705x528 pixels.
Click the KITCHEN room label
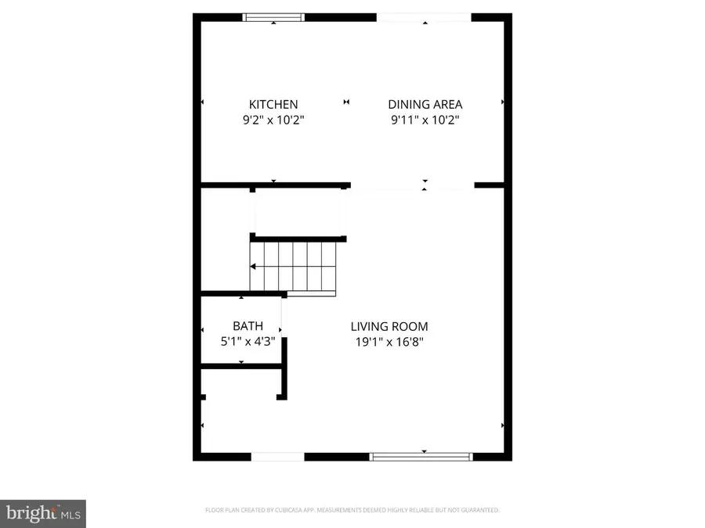[x=273, y=104]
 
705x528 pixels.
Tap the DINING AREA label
[x=425, y=104]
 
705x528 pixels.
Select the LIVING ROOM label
[x=389, y=326]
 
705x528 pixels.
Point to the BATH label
[x=248, y=325]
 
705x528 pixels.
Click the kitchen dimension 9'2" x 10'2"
[x=273, y=120]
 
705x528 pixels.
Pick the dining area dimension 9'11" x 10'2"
[x=425, y=120]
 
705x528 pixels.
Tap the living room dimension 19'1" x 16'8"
[x=389, y=342]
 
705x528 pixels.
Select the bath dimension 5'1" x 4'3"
[x=248, y=341]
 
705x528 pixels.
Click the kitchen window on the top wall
[x=273, y=16]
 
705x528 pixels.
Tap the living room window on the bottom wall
[x=421, y=456]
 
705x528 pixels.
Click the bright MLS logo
[x=43, y=513]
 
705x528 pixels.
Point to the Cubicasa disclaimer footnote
[x=352, y=510]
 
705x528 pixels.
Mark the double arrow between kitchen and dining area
[x=347, y=102]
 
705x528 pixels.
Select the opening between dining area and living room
[x=412, y=186]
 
